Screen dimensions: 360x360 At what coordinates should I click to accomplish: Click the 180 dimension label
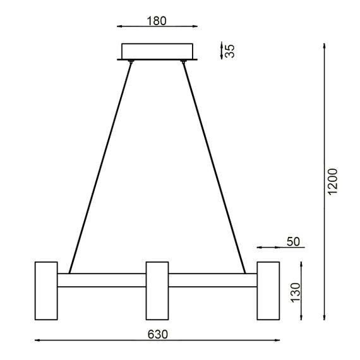click(x=157, y=20)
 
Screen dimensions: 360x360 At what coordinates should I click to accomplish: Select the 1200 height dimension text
click(x=333, y=181)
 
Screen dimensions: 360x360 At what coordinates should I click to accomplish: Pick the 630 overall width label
click(x=158, y=334)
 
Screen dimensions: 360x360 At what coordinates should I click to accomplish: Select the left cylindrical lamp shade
click(x=45, y=290)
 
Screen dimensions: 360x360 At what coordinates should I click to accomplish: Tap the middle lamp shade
click(x=157, y=290)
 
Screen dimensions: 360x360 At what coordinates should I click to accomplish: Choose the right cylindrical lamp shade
click(x=268, y=290)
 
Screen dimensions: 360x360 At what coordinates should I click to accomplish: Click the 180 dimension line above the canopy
click(x=157, y=27)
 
